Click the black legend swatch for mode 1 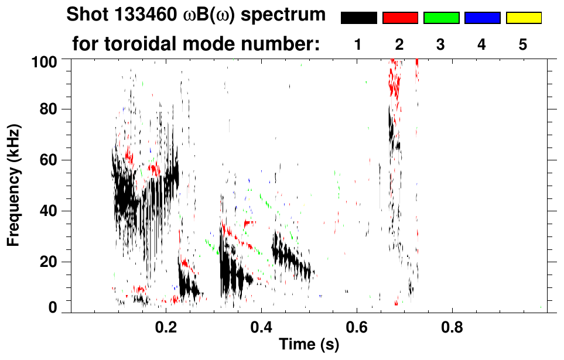pos(358,18)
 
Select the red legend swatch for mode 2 pos(400,18)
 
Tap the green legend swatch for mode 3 pos(441,18)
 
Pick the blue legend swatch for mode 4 pos(482,18)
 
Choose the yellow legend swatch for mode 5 pos(524,18)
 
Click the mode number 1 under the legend pos(358,44)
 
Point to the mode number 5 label pos(523,44)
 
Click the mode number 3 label pos(440,44)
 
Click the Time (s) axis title pos(309,345)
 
